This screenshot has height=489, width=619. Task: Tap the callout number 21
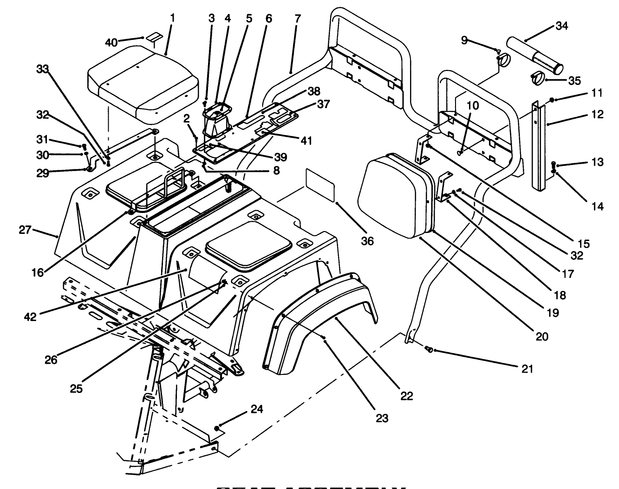click(x=527, y=369)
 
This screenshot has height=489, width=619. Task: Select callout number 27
click(x=26, y=230)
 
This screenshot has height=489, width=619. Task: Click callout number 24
click(x=257, y=409)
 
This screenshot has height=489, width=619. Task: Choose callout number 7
click(x=297, y=19)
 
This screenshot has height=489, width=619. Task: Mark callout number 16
click(x=37, y=272)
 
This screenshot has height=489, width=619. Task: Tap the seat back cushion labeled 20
click(x=395, y=195)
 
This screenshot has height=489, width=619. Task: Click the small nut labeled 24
click(x=217, y=427)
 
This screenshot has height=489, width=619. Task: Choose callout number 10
click(x=472, y=106)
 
